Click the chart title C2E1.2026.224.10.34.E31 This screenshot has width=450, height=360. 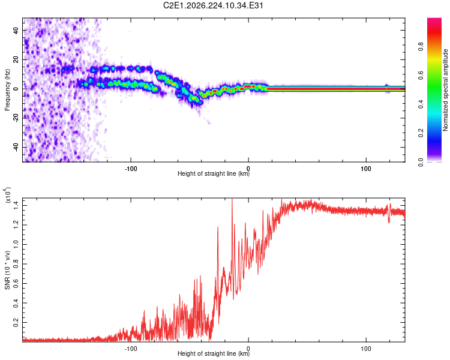(213, 5)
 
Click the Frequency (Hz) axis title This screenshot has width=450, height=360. (7, 90)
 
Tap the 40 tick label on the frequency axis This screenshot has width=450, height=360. (16, 31)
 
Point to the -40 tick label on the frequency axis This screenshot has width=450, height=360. (16, 146)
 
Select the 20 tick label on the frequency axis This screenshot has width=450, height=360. (16, 60)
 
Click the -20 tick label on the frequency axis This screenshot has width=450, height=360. (16, 118)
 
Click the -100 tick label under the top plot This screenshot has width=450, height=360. (131, 169)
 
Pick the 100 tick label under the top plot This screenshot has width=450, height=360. (366, 169)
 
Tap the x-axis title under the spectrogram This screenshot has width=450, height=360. (214, 173)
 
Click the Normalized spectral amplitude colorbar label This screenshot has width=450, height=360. (445, 90)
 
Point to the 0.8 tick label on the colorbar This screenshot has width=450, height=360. (421, 46)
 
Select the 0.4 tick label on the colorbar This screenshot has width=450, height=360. (421, 104)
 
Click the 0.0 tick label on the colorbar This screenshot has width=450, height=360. (421, 162)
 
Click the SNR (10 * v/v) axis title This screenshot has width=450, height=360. (7, 270)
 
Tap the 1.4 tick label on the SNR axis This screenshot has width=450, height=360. (16, 205)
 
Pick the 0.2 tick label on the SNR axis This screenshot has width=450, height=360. (16, 322)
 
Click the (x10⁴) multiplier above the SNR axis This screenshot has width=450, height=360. (8, 195)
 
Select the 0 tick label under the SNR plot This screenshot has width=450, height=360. (248, 349)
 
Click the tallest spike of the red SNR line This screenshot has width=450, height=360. (232, 199)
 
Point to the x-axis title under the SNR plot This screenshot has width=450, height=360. (214, 353)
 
